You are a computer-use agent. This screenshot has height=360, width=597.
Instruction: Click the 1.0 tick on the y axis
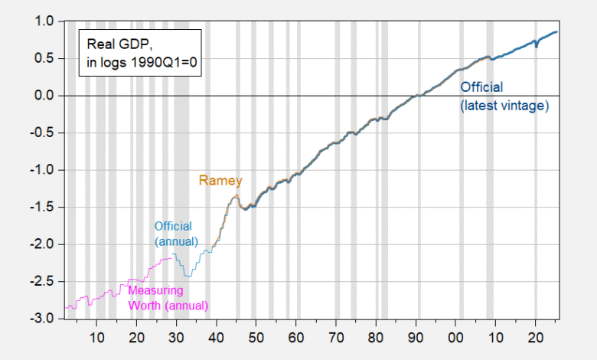(44, 21)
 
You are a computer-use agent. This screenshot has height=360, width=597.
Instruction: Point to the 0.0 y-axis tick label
(44, 96)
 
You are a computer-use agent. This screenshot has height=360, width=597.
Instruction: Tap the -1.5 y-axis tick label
(42, 208)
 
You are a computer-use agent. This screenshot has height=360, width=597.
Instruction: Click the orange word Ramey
(220, 181)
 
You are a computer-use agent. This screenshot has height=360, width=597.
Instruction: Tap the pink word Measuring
(155, 290)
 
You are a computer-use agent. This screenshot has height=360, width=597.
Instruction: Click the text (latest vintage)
(504, 106)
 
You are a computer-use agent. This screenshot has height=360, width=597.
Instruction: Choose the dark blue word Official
(481, 87)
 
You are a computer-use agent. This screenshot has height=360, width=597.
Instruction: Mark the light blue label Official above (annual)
(173, 226)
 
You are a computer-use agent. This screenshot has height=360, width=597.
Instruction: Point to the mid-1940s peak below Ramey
(236, 197)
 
